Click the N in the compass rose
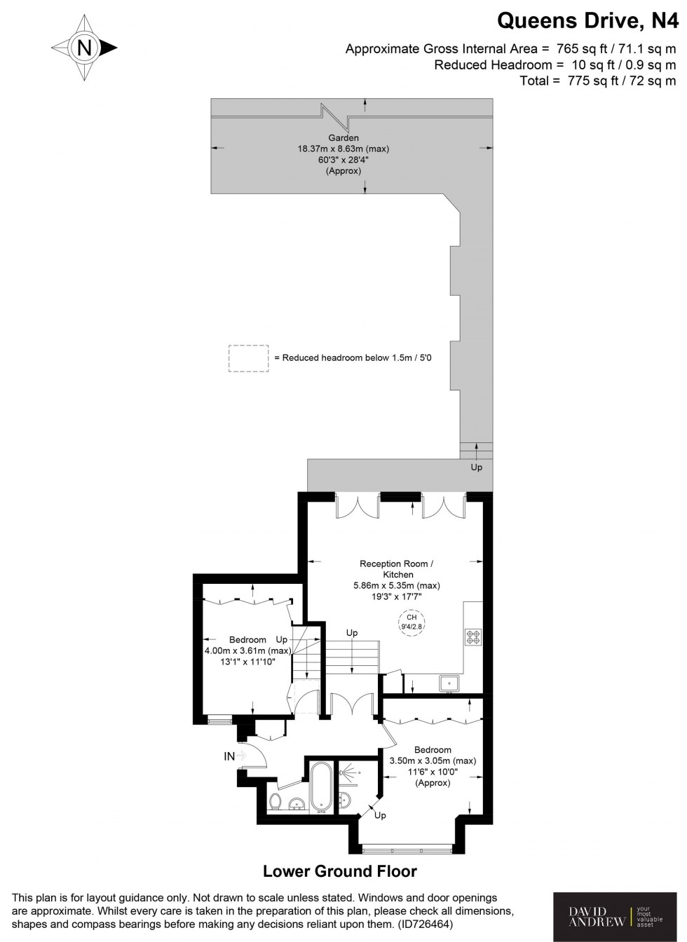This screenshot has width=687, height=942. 84,48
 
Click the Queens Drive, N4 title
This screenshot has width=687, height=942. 587,21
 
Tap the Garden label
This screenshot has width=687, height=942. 343,138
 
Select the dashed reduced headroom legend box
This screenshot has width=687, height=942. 248,357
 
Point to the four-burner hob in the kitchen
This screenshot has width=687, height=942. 473,637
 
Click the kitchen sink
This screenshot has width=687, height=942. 447,683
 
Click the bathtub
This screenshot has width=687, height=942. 322,788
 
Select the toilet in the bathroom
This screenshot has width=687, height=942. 276,801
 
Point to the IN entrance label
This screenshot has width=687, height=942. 229,756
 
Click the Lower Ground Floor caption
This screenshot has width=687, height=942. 340,871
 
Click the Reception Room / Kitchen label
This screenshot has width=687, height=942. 397,568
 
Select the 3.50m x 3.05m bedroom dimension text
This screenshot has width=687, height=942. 432,760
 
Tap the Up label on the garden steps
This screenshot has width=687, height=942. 477,467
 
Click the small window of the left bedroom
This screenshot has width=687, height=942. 220,719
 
